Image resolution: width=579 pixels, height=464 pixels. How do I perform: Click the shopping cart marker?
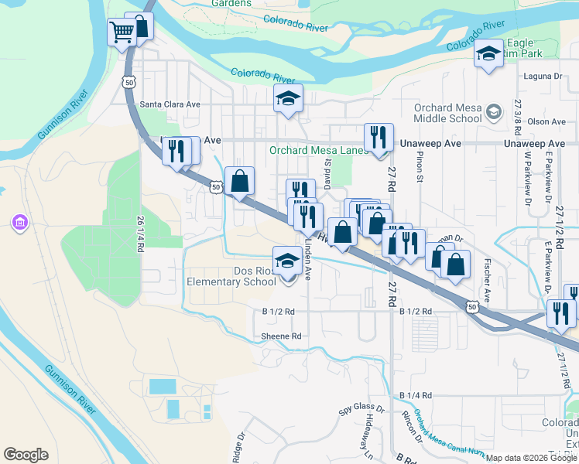pos(122,33)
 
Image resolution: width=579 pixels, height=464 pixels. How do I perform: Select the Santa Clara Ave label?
pos(170,104)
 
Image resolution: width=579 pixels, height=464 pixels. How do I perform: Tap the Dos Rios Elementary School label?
pos(231,277)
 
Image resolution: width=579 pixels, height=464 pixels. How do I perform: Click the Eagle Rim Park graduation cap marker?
pos(488,54)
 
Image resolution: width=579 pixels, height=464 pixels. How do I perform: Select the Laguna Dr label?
pos(542,77)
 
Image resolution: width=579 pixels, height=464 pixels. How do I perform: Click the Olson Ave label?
pos(547,121)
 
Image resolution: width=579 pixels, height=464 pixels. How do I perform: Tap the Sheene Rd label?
pos(280,336)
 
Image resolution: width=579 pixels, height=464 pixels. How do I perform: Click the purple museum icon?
pos(19,223)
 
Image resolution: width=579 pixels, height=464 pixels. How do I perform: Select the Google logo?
pos(26,455)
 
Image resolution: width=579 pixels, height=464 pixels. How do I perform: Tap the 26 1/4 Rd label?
pos(140,231)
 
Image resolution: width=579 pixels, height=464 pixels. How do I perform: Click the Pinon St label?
pos(421,165)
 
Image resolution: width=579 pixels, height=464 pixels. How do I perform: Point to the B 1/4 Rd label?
pos(416,395)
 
